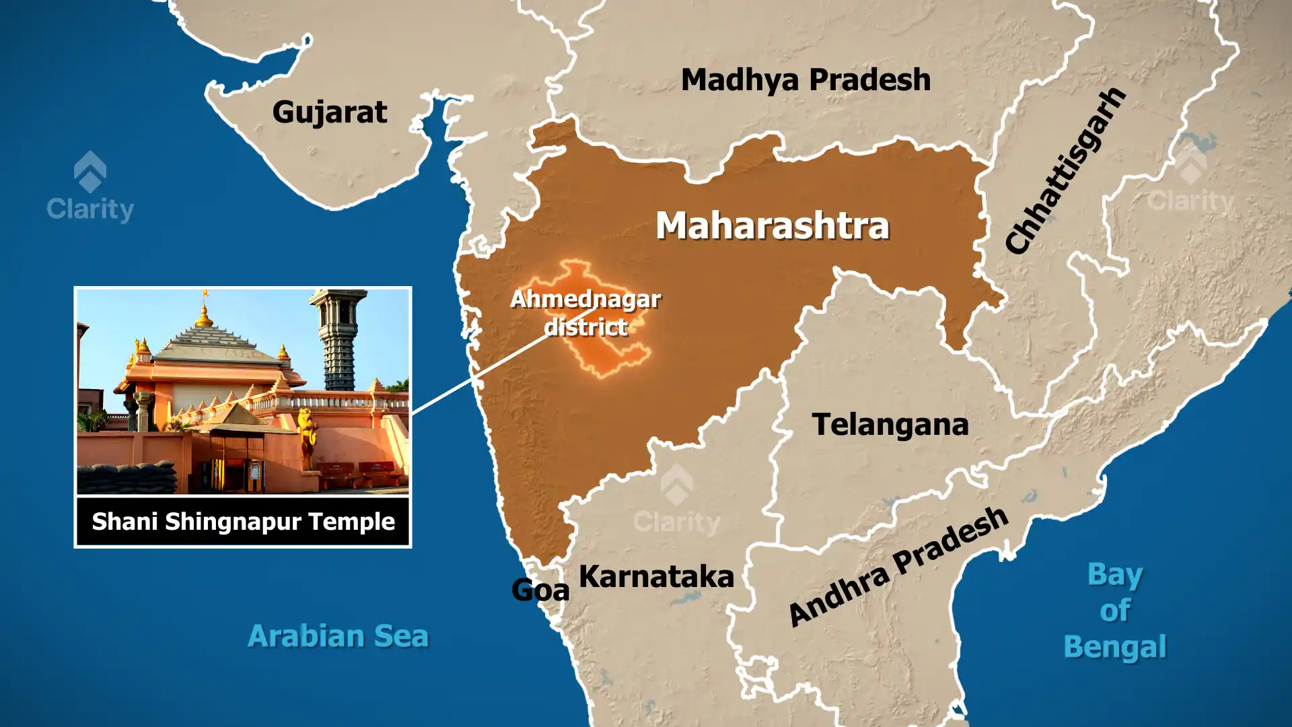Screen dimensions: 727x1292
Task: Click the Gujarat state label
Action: [x=330, y=112]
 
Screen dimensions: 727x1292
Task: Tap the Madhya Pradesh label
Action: [x=805, y=79]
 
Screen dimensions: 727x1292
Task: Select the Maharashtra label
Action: [x=773, y=226]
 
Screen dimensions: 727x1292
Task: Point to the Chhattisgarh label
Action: [x=1065, y=170]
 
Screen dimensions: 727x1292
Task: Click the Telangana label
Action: [x=890, y=425]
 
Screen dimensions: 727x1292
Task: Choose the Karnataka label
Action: [x=656, y=577]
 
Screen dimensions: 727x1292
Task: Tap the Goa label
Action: [x=540, y=590]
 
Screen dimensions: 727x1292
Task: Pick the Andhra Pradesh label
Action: [x=898, y=567]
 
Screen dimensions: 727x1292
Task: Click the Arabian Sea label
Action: [x=338, y=636]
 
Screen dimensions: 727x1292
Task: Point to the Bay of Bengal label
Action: [x=1115, y=611]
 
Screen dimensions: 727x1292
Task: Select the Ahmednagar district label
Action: [x=585, y=313]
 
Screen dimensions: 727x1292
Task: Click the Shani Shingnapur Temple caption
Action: [x=243, y=522]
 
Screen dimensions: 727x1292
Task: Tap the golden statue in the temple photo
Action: [x=308, y=438]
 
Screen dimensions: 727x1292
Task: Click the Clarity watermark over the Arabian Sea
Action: [x=90, y=188]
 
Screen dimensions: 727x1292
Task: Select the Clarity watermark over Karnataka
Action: [x=676, y=501]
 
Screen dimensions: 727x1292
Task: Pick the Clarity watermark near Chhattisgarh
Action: [x=1190, y=182]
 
